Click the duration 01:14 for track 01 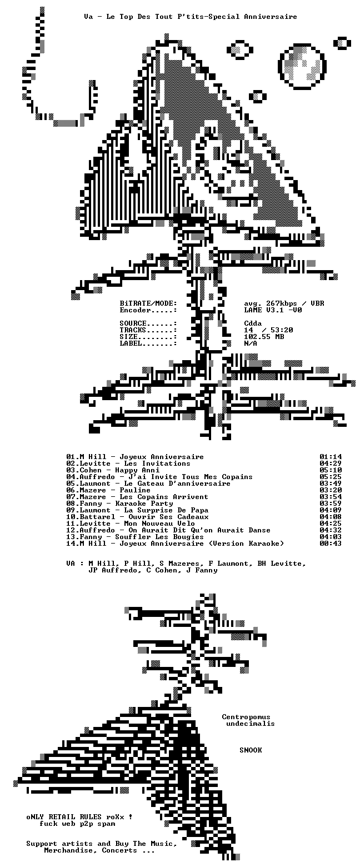331,457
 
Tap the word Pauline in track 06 134,490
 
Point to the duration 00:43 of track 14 331,544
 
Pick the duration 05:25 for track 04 331,477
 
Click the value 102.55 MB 264,337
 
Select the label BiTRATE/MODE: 148,303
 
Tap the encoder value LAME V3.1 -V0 273,310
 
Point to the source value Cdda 253,323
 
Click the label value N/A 251,343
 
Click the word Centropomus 246,717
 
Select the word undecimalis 251,724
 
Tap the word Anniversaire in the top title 271,17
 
